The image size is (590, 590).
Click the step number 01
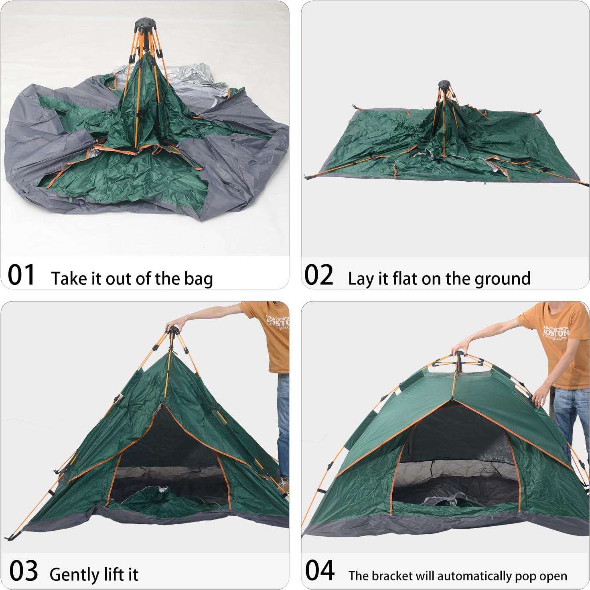[x=21, y=275]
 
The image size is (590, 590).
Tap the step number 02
[x=319, y=275]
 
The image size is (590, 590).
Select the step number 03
[x=23, y=571]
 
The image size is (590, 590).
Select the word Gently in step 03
[x=74, y=575]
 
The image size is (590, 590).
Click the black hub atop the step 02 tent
[x=445, y=87]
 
